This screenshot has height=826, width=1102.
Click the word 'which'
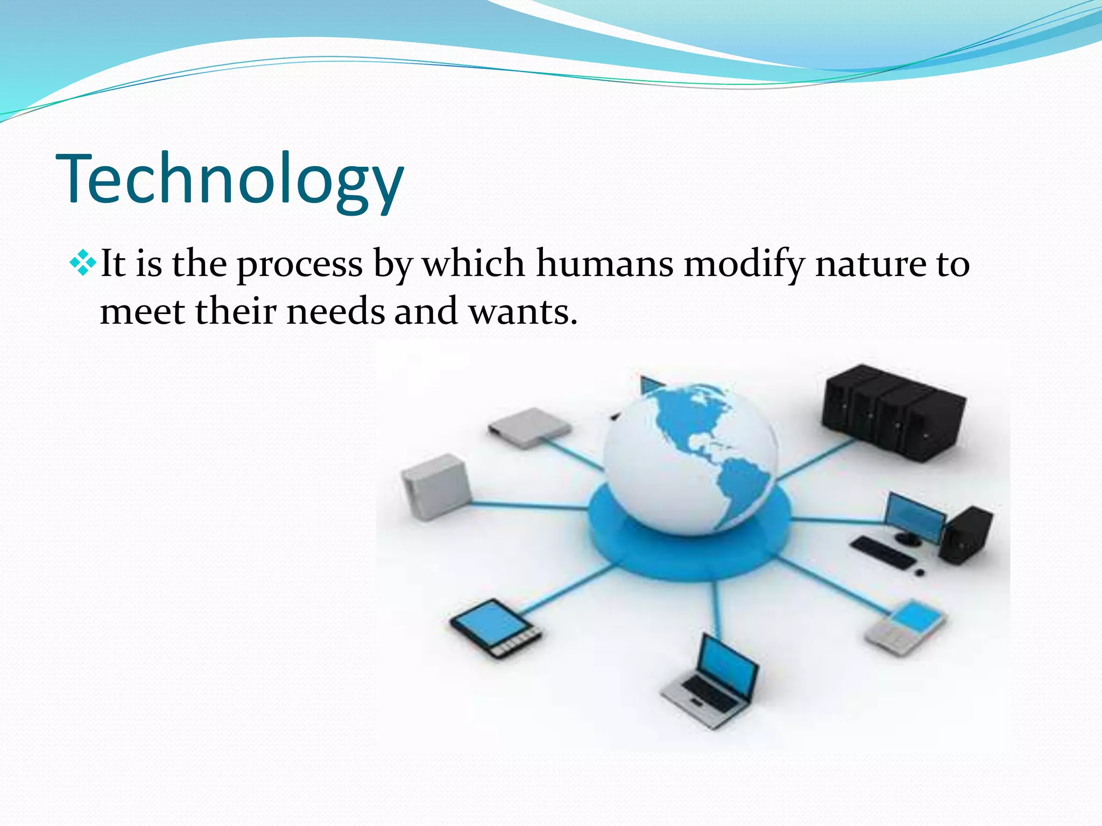point(474,265)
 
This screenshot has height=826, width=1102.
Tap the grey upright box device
point(436,487)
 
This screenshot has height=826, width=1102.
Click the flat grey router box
point(530,428)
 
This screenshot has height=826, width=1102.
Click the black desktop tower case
point(966,535)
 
